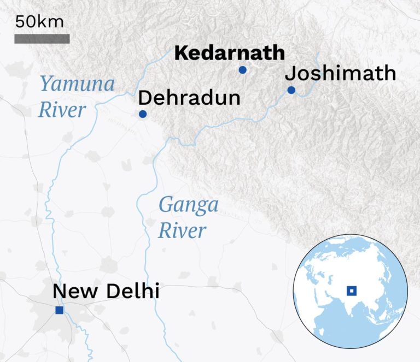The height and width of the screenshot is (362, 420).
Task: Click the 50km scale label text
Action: [x=39, y=22]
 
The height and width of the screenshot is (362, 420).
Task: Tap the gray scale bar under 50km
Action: [x=42, y=39]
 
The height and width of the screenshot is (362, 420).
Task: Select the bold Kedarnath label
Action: [x=229, y=53]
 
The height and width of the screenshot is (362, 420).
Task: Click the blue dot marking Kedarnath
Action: [x=242, y=70]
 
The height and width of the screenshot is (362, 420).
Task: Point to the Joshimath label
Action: [x=341, y=73]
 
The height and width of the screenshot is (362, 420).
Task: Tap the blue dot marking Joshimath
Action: [x=291, y=90]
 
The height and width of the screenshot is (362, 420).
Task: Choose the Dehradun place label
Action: [x=189, y=98]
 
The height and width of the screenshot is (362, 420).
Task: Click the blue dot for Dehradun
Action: [x=142, y=114]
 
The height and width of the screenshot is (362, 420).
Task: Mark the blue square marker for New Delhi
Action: [x=59, y=311]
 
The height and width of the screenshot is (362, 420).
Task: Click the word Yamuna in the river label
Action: [x=77, y=85]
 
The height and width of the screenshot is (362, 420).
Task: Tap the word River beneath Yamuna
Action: [x=61, y=110]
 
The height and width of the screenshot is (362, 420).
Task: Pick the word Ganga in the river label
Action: [x=188, y=206]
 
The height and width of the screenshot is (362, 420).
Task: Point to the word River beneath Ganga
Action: [x=182, y=230]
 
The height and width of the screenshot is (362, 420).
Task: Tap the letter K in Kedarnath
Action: [x=180, y=53]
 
